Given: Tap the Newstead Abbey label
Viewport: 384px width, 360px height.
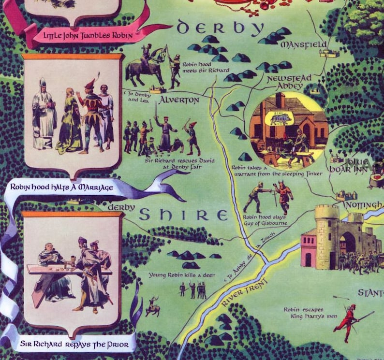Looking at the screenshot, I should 289,82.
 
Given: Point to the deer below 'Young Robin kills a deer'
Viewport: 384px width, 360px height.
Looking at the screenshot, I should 153,307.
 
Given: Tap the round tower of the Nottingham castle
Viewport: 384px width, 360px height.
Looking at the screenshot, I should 326,237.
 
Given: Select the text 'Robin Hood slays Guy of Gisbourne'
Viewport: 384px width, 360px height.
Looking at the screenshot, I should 265,220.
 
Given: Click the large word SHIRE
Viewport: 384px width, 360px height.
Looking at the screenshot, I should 183,214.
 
